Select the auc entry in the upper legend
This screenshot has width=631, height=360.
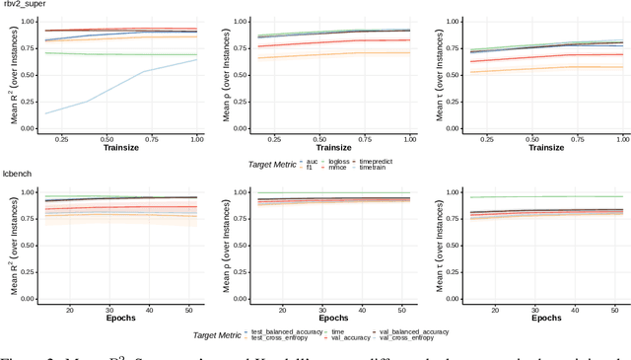click(313, 159)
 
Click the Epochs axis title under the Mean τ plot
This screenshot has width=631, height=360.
click(530, 319)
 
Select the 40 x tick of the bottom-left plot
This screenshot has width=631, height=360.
click(149, 310)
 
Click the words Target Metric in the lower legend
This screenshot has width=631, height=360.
click(219, 336)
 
